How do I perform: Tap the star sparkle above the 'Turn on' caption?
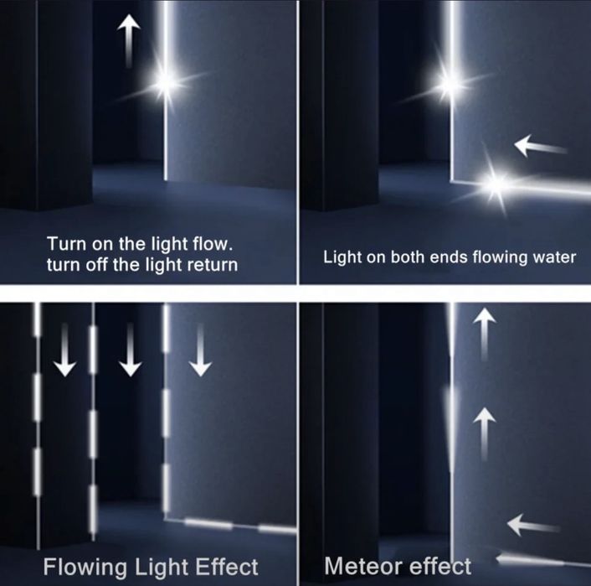[x=165, y=81]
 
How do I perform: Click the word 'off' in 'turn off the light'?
[x=97, y=264]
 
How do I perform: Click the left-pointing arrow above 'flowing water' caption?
[x=541, y=146]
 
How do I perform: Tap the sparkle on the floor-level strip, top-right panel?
[x=496, y=184]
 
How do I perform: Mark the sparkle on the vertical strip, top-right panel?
[x=450, y=83]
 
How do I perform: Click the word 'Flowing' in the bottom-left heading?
[x=85, y=568]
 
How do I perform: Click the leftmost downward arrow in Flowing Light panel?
[x=64, y=350]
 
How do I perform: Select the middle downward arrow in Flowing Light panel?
[x=131, y=350]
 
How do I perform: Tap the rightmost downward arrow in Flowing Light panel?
[x=200, y=350]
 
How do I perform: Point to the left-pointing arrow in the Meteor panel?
[x=533, y=525]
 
